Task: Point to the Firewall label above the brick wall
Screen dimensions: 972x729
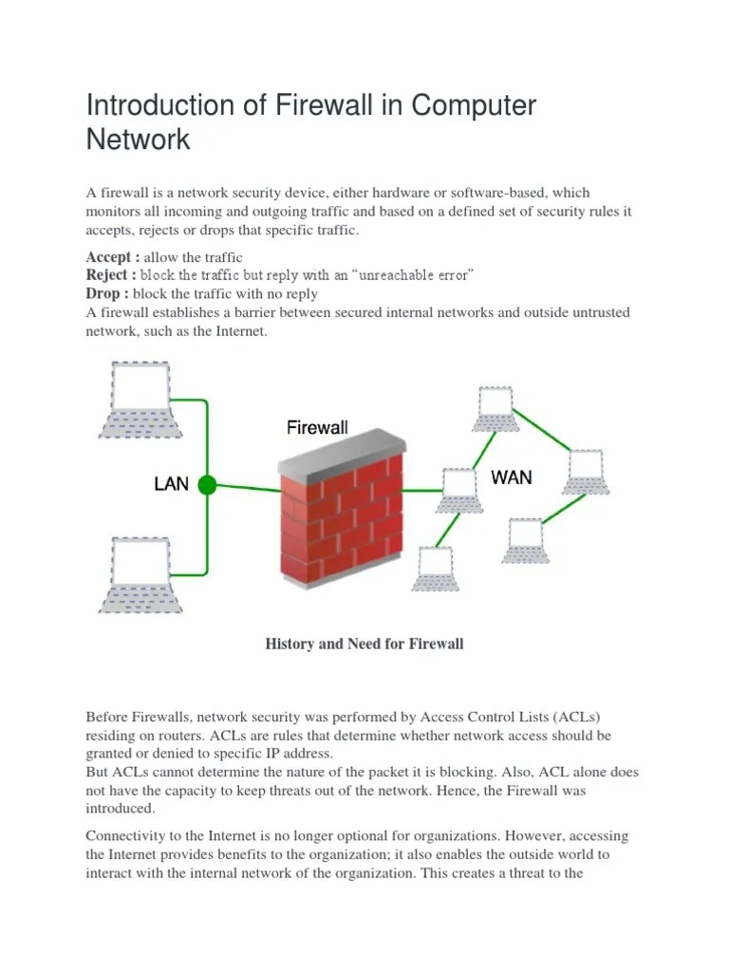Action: [317, 428]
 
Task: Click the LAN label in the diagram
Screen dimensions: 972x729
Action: [172, 485]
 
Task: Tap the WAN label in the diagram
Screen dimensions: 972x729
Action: [512, 477]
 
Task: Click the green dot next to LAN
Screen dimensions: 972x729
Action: [206, 485]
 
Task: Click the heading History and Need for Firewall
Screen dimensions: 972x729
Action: [364, 644]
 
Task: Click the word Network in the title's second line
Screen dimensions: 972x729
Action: [139, 140]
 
